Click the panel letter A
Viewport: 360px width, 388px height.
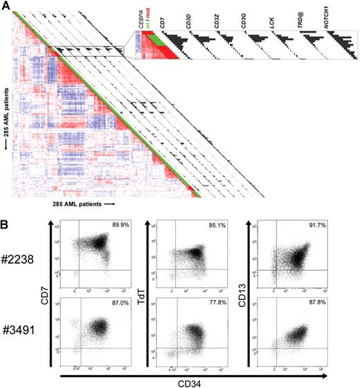6,6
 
